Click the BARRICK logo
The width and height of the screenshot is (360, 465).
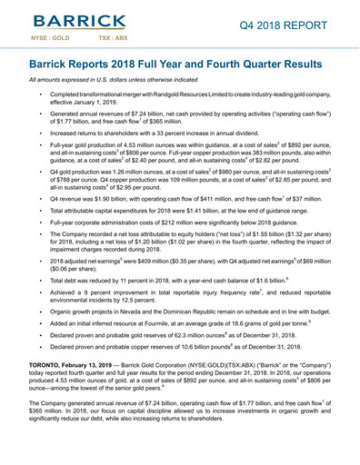pos(77,23)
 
